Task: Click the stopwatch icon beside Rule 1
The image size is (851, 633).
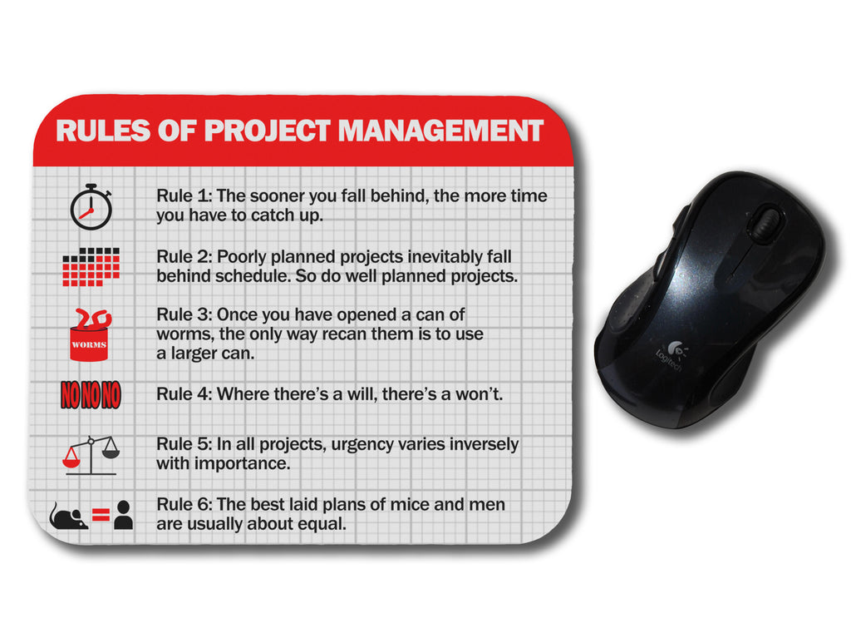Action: [x=91, y=207]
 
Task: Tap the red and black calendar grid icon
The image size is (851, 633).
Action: [x=91, y=267]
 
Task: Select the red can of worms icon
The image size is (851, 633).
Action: [x=90, y=334]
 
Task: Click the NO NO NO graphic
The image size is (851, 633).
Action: [x=91, y=395]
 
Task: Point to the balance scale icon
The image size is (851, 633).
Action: [x=91, y=455]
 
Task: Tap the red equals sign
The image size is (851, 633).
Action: [x=101, y=514]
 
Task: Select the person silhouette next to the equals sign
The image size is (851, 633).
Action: [x=123, y=515]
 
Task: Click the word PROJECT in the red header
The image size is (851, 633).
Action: [x=267, y=131]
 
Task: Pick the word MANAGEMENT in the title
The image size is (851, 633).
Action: [x=440, y=131]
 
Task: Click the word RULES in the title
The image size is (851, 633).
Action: [x=103, y=131]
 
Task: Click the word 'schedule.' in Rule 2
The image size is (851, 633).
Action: [x=253, y=276]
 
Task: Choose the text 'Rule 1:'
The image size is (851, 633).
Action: [x=184, y=195]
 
